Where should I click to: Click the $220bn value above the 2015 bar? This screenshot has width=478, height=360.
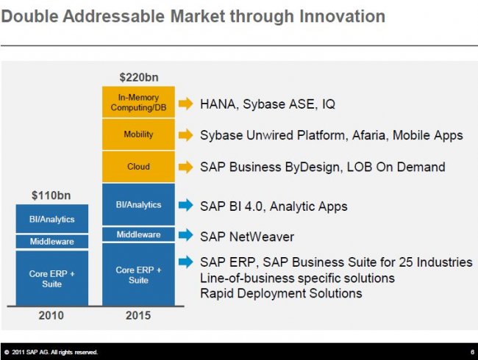[138, 76]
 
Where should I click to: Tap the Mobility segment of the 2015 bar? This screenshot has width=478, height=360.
[138, 135]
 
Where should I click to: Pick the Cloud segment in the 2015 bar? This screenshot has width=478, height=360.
[138, 167]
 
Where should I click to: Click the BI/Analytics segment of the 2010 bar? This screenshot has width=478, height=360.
[51, 219]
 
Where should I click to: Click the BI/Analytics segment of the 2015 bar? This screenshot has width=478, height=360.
[138, 204]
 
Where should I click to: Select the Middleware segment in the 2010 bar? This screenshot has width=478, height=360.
[51, 241]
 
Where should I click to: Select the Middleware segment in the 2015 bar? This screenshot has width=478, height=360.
[138, 234]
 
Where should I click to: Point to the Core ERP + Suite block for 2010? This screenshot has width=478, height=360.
[51, 278]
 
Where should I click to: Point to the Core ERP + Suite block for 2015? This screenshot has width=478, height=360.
[138, 275]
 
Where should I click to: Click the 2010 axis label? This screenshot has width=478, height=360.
[51, 316]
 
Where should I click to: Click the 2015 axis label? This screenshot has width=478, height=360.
[138, 316]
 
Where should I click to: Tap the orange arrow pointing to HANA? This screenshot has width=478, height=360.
[185, 104]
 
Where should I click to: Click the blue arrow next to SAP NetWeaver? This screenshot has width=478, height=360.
[185, 235]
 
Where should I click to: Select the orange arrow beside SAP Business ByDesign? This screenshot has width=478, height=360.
[185, 167]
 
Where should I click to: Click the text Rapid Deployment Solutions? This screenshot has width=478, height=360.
[281, 293]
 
